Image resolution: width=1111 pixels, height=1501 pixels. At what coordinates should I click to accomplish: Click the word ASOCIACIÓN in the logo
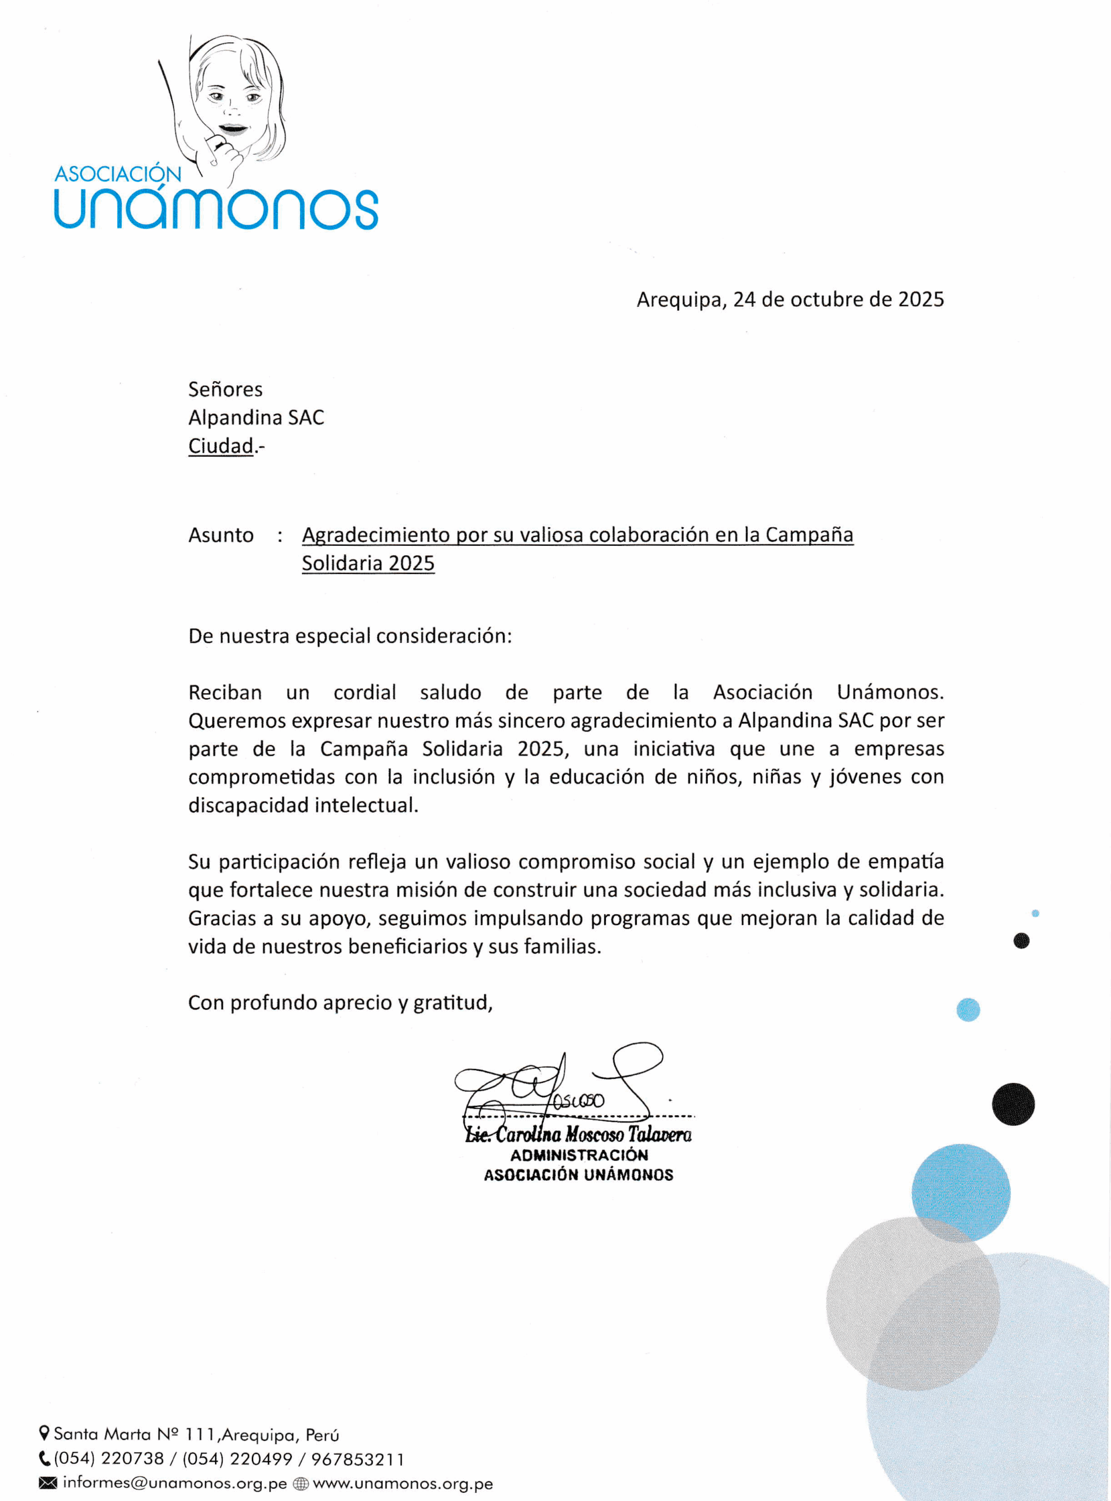pos(118,174)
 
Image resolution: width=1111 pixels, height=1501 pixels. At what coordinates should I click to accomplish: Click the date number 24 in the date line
pos(744,300)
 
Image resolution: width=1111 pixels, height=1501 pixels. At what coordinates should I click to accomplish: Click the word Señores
pos(225,389)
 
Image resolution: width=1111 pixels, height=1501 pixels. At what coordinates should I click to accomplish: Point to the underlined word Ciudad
pos(220,446)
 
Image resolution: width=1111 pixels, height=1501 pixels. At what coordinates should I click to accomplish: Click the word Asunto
pos(220,535)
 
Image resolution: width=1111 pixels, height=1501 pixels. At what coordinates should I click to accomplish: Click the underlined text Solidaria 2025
pos(368,563)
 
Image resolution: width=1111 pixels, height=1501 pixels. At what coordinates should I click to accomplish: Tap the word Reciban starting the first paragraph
pos(224,692)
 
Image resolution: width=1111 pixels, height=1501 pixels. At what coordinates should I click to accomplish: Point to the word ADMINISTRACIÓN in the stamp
pos(578,1155)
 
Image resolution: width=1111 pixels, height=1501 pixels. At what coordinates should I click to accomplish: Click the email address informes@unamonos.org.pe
pos(174,1483)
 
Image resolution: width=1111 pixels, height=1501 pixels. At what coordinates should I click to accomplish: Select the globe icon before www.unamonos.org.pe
pos(301,1484)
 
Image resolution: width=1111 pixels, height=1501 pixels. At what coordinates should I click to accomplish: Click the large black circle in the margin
pos(1013,1104)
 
